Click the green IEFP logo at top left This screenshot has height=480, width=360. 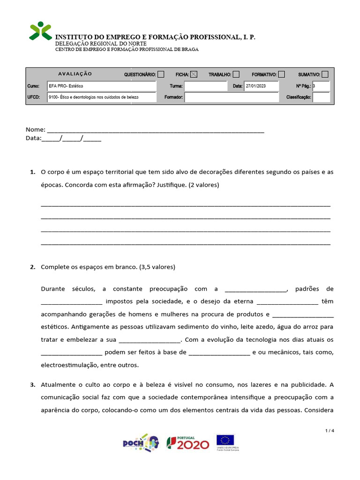point(41,31)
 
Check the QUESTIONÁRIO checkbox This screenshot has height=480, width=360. point(161,74)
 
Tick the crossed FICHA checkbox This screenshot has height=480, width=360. point(194,74)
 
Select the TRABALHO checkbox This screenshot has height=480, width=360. point(236,74)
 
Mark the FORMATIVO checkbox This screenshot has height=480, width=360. point(281,74)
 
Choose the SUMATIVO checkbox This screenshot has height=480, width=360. point(325,74)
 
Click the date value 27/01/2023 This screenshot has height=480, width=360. point(255,86)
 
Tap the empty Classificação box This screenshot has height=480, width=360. point(321,97)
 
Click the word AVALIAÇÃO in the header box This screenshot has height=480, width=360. point(75,74)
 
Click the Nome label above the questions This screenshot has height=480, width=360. point(35,129)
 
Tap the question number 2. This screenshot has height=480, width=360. point(32,267)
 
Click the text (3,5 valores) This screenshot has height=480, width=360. point(157,267)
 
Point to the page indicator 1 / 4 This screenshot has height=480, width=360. point(330,431)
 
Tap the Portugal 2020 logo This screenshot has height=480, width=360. point(188,443)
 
